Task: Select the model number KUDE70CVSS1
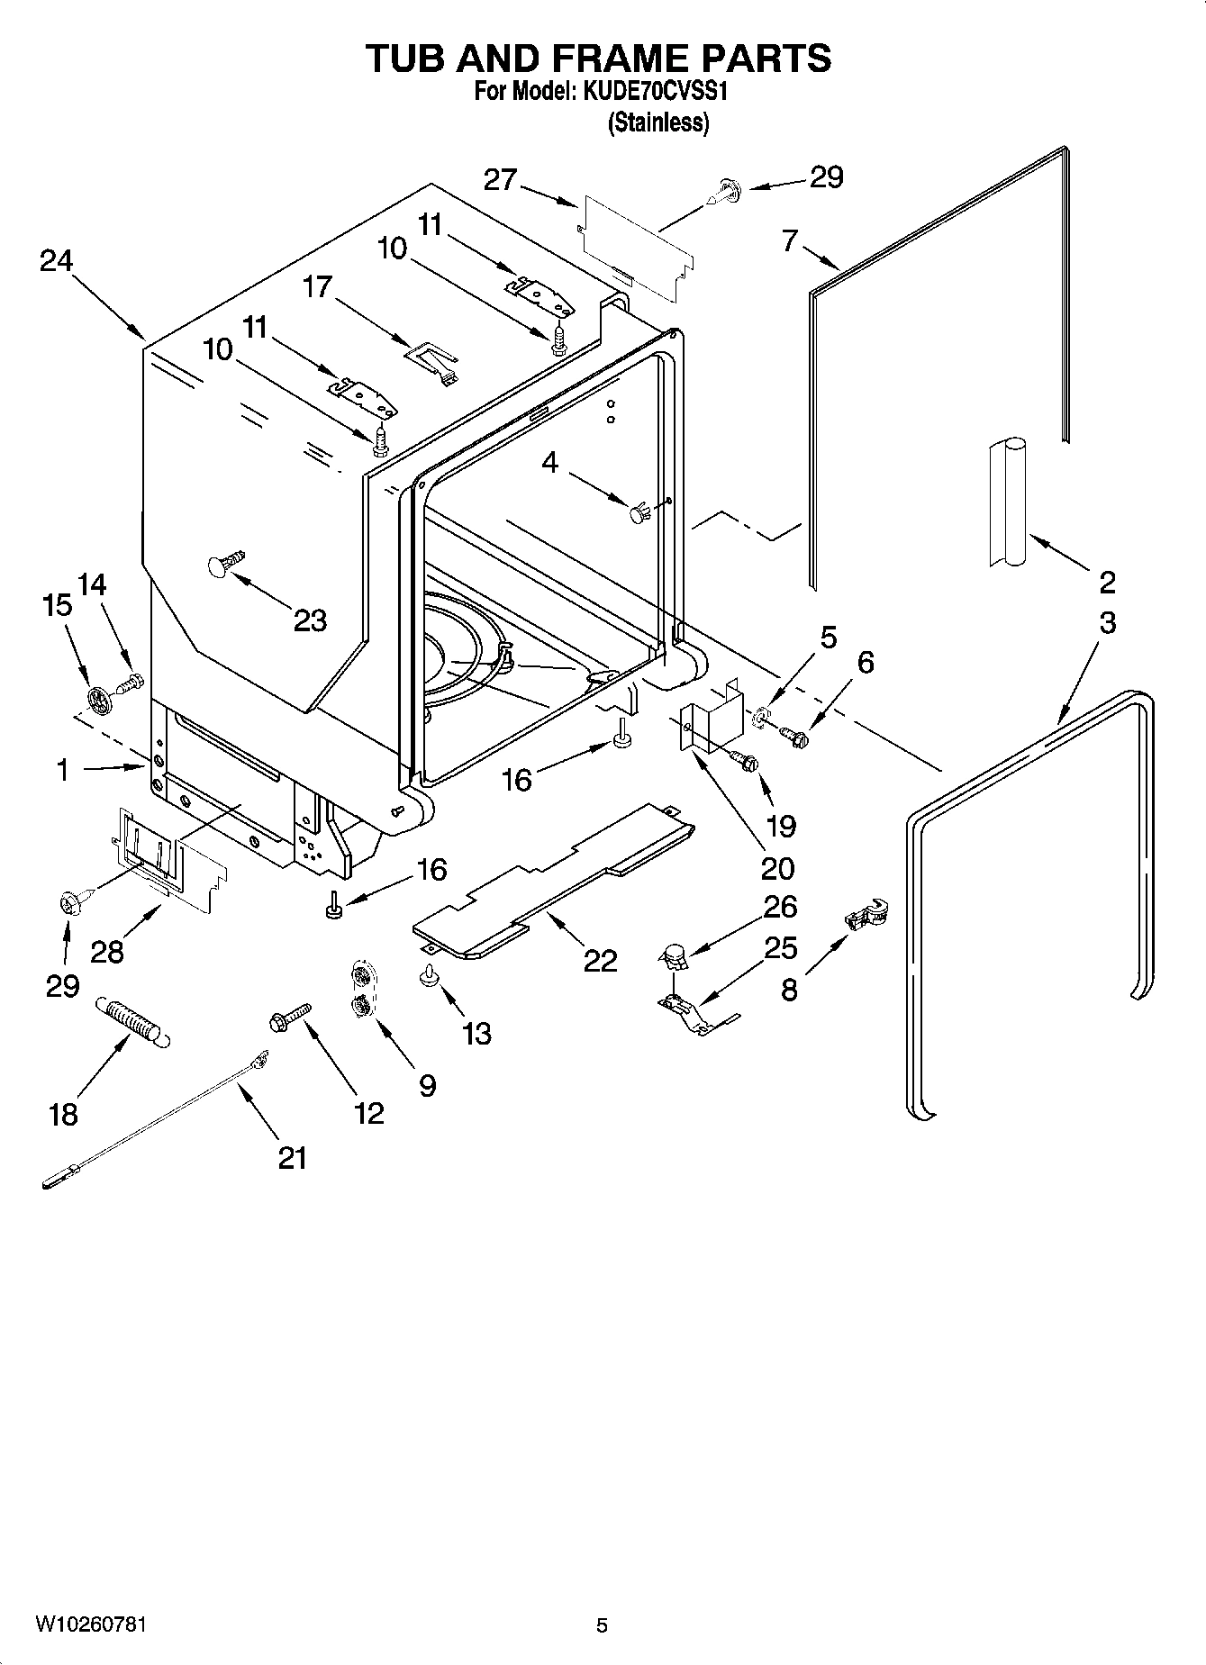coord(661,93)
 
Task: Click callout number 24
coord(56,261)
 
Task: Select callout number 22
coord(600,961)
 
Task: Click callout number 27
coord(500,180)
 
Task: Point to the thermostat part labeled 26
coord(674,956)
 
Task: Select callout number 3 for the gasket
coord(1107,622)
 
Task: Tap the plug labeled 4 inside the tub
coord(639,514)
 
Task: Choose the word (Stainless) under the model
coord(658,123)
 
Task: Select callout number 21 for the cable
coord(292,1158)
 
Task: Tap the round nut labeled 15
coord(99,698)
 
